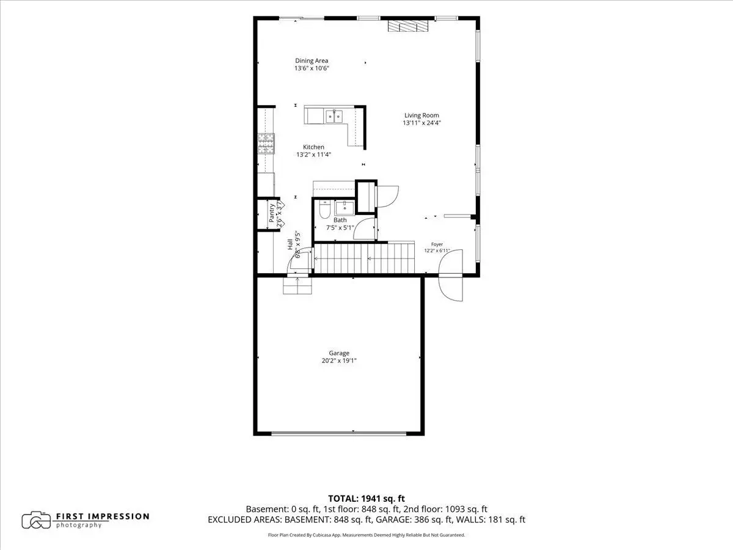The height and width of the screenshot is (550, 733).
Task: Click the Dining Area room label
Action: [x=312, y=61]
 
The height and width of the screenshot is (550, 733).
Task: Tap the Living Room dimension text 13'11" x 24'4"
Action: [x=421, y=123]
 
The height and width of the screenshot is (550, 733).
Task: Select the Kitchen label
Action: [x=313, y=147]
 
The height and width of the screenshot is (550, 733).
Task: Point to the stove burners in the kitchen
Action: [x=266, y=144]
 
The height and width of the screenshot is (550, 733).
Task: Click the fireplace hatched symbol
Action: [x=408, y=26]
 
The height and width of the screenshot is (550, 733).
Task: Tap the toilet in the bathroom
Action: [x=324, y=210]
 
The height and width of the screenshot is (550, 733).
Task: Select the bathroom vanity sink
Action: [x=345, y=208]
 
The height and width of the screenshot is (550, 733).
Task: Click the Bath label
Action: [x=340, y=220]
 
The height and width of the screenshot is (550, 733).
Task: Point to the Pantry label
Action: [x=271, y=213]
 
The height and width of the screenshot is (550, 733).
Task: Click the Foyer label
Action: [x=437, y=244]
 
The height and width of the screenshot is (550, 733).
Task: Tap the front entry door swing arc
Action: [x=450, y=275]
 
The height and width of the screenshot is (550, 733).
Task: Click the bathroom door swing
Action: [x=365, y=229]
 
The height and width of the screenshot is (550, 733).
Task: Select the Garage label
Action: [x=339, y=353]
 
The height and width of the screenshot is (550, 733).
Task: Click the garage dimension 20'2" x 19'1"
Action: [x=339, y=361]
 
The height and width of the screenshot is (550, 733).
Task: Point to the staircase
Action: [x=364, y=258]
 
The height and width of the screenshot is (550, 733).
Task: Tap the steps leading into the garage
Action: [x=297, y=285]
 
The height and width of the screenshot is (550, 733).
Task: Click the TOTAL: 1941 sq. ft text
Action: [x=366, y=499]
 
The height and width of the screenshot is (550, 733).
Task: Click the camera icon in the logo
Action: [x=36, y=520]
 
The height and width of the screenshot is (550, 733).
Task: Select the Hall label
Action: [x=290, y=244]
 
